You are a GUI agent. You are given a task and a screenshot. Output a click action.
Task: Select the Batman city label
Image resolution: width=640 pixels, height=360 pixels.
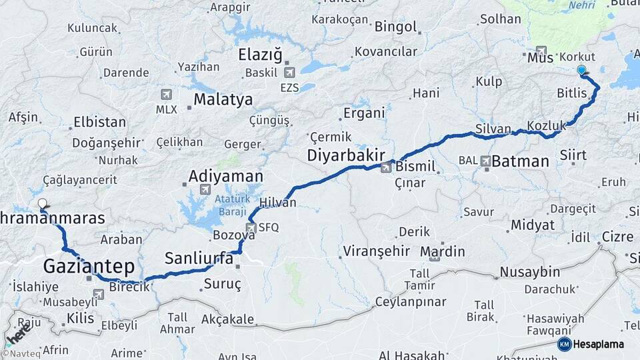520,161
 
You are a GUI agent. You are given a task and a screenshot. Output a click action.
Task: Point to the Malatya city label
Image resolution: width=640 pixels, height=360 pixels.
223,100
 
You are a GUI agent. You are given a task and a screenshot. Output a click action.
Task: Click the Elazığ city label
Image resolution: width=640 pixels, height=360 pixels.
260,55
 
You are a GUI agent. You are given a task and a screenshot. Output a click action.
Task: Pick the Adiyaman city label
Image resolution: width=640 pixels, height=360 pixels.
225,177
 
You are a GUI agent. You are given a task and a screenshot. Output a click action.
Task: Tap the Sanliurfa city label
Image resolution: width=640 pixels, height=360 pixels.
199,258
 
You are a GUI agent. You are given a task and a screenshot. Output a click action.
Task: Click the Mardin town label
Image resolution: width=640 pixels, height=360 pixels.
443,251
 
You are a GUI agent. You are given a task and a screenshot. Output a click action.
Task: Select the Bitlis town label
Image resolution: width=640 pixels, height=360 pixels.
572,94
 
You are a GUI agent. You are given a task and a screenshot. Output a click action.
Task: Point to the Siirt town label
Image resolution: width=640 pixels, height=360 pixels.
573,155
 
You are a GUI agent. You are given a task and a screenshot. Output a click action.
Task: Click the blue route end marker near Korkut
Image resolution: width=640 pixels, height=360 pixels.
581,70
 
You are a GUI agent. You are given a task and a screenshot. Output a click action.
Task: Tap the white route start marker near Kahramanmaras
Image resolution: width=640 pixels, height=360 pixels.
43,204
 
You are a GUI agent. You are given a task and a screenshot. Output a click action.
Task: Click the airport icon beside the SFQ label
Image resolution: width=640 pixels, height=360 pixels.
251,228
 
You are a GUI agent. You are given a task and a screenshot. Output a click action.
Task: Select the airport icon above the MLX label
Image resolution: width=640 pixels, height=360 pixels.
166,95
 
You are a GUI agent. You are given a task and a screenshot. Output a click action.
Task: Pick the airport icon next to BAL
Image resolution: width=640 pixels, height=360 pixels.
485,161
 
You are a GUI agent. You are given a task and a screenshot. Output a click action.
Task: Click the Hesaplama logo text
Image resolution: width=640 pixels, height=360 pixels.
598,344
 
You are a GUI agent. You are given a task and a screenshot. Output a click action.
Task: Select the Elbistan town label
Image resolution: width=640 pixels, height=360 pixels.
99,122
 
